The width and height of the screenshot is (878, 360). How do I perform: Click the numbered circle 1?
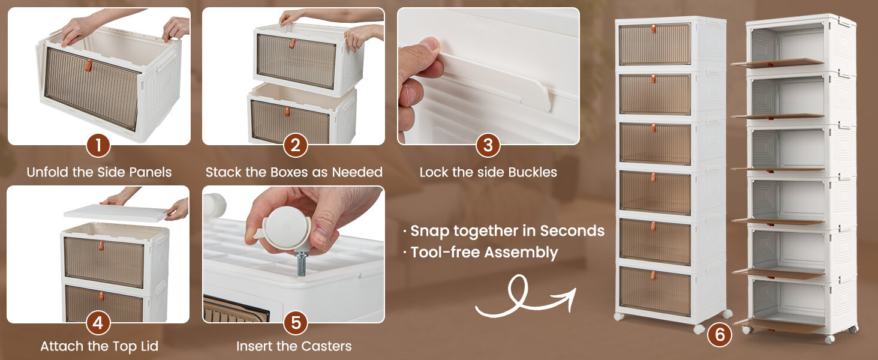coord(98,145)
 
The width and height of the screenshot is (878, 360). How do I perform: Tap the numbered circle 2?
coord(295,145)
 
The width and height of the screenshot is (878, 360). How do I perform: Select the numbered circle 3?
coord(488,145)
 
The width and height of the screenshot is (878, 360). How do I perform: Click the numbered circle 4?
coord(98,323)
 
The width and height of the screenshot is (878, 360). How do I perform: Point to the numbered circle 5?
coord(295,323)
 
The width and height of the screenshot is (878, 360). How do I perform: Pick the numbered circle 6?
coord(720,335)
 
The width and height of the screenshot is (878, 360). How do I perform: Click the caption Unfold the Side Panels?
coord(99,172)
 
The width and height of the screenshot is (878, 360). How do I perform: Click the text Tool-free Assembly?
coord(484,253)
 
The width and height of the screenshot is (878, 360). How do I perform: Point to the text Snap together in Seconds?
coord(507,231)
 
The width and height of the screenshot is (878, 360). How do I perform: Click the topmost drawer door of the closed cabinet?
coord(655,44)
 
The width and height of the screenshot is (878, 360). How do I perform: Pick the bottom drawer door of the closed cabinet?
coord(655,291)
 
